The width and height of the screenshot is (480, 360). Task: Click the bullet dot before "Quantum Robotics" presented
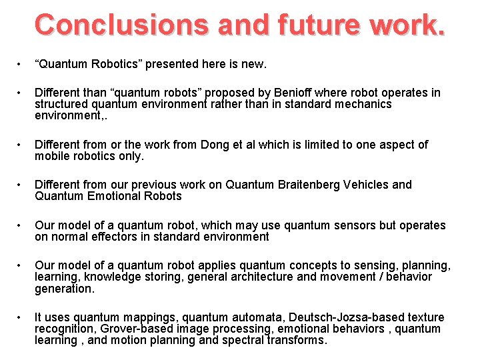21,65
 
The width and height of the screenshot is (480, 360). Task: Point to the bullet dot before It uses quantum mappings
21,317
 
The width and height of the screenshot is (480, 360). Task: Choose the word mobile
53,156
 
